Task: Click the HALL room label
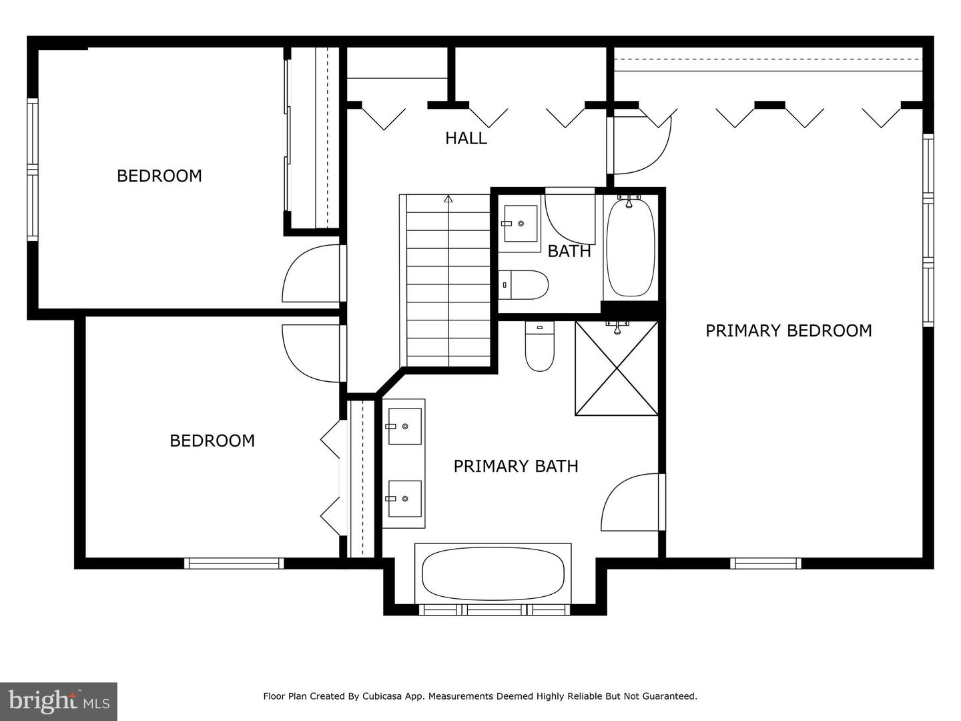click(466, 138)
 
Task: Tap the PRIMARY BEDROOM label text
click(788, 330)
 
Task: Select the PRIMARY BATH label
click(515, 466)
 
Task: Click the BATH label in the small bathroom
click(569, 251)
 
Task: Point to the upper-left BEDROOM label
click(159, 176)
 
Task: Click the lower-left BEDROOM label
click(212, 441)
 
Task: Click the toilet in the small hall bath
click(525, 285)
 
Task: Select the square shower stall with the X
click(616, 369)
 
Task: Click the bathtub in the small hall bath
click(629, 247)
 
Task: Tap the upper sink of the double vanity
click(404, 426)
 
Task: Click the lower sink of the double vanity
click(404, 498)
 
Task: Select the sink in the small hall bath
click(520, 224)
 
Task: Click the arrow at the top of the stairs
click(448, 198)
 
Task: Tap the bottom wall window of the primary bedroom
click(765, 563)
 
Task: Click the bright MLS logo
click(59, 701)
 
